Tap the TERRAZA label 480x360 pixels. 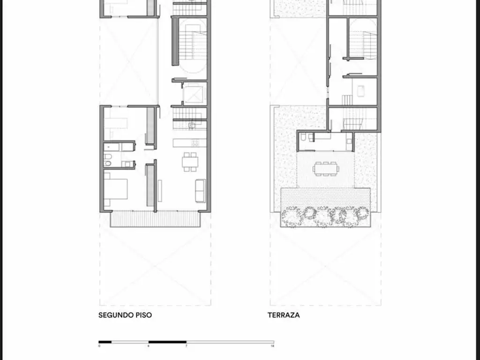click(x=284, y=315)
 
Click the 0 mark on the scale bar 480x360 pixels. click(x=99, y=346)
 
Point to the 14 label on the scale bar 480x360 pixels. click(x=272, y=346)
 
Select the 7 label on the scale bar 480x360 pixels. click(x=186, y=346)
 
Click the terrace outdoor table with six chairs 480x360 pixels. click(x=326, y=167)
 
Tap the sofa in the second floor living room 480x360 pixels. click(x=200, y=190)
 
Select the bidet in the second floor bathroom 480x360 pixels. click(x=107, y=155)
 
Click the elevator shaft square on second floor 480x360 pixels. click(x=193, y=94)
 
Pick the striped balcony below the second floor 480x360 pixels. click(x=155, y=219)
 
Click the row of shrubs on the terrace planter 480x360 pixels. click(x=325, y=216)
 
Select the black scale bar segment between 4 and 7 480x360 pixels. click(x=167, y=342)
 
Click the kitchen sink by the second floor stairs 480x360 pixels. click(x=192, y=125)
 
